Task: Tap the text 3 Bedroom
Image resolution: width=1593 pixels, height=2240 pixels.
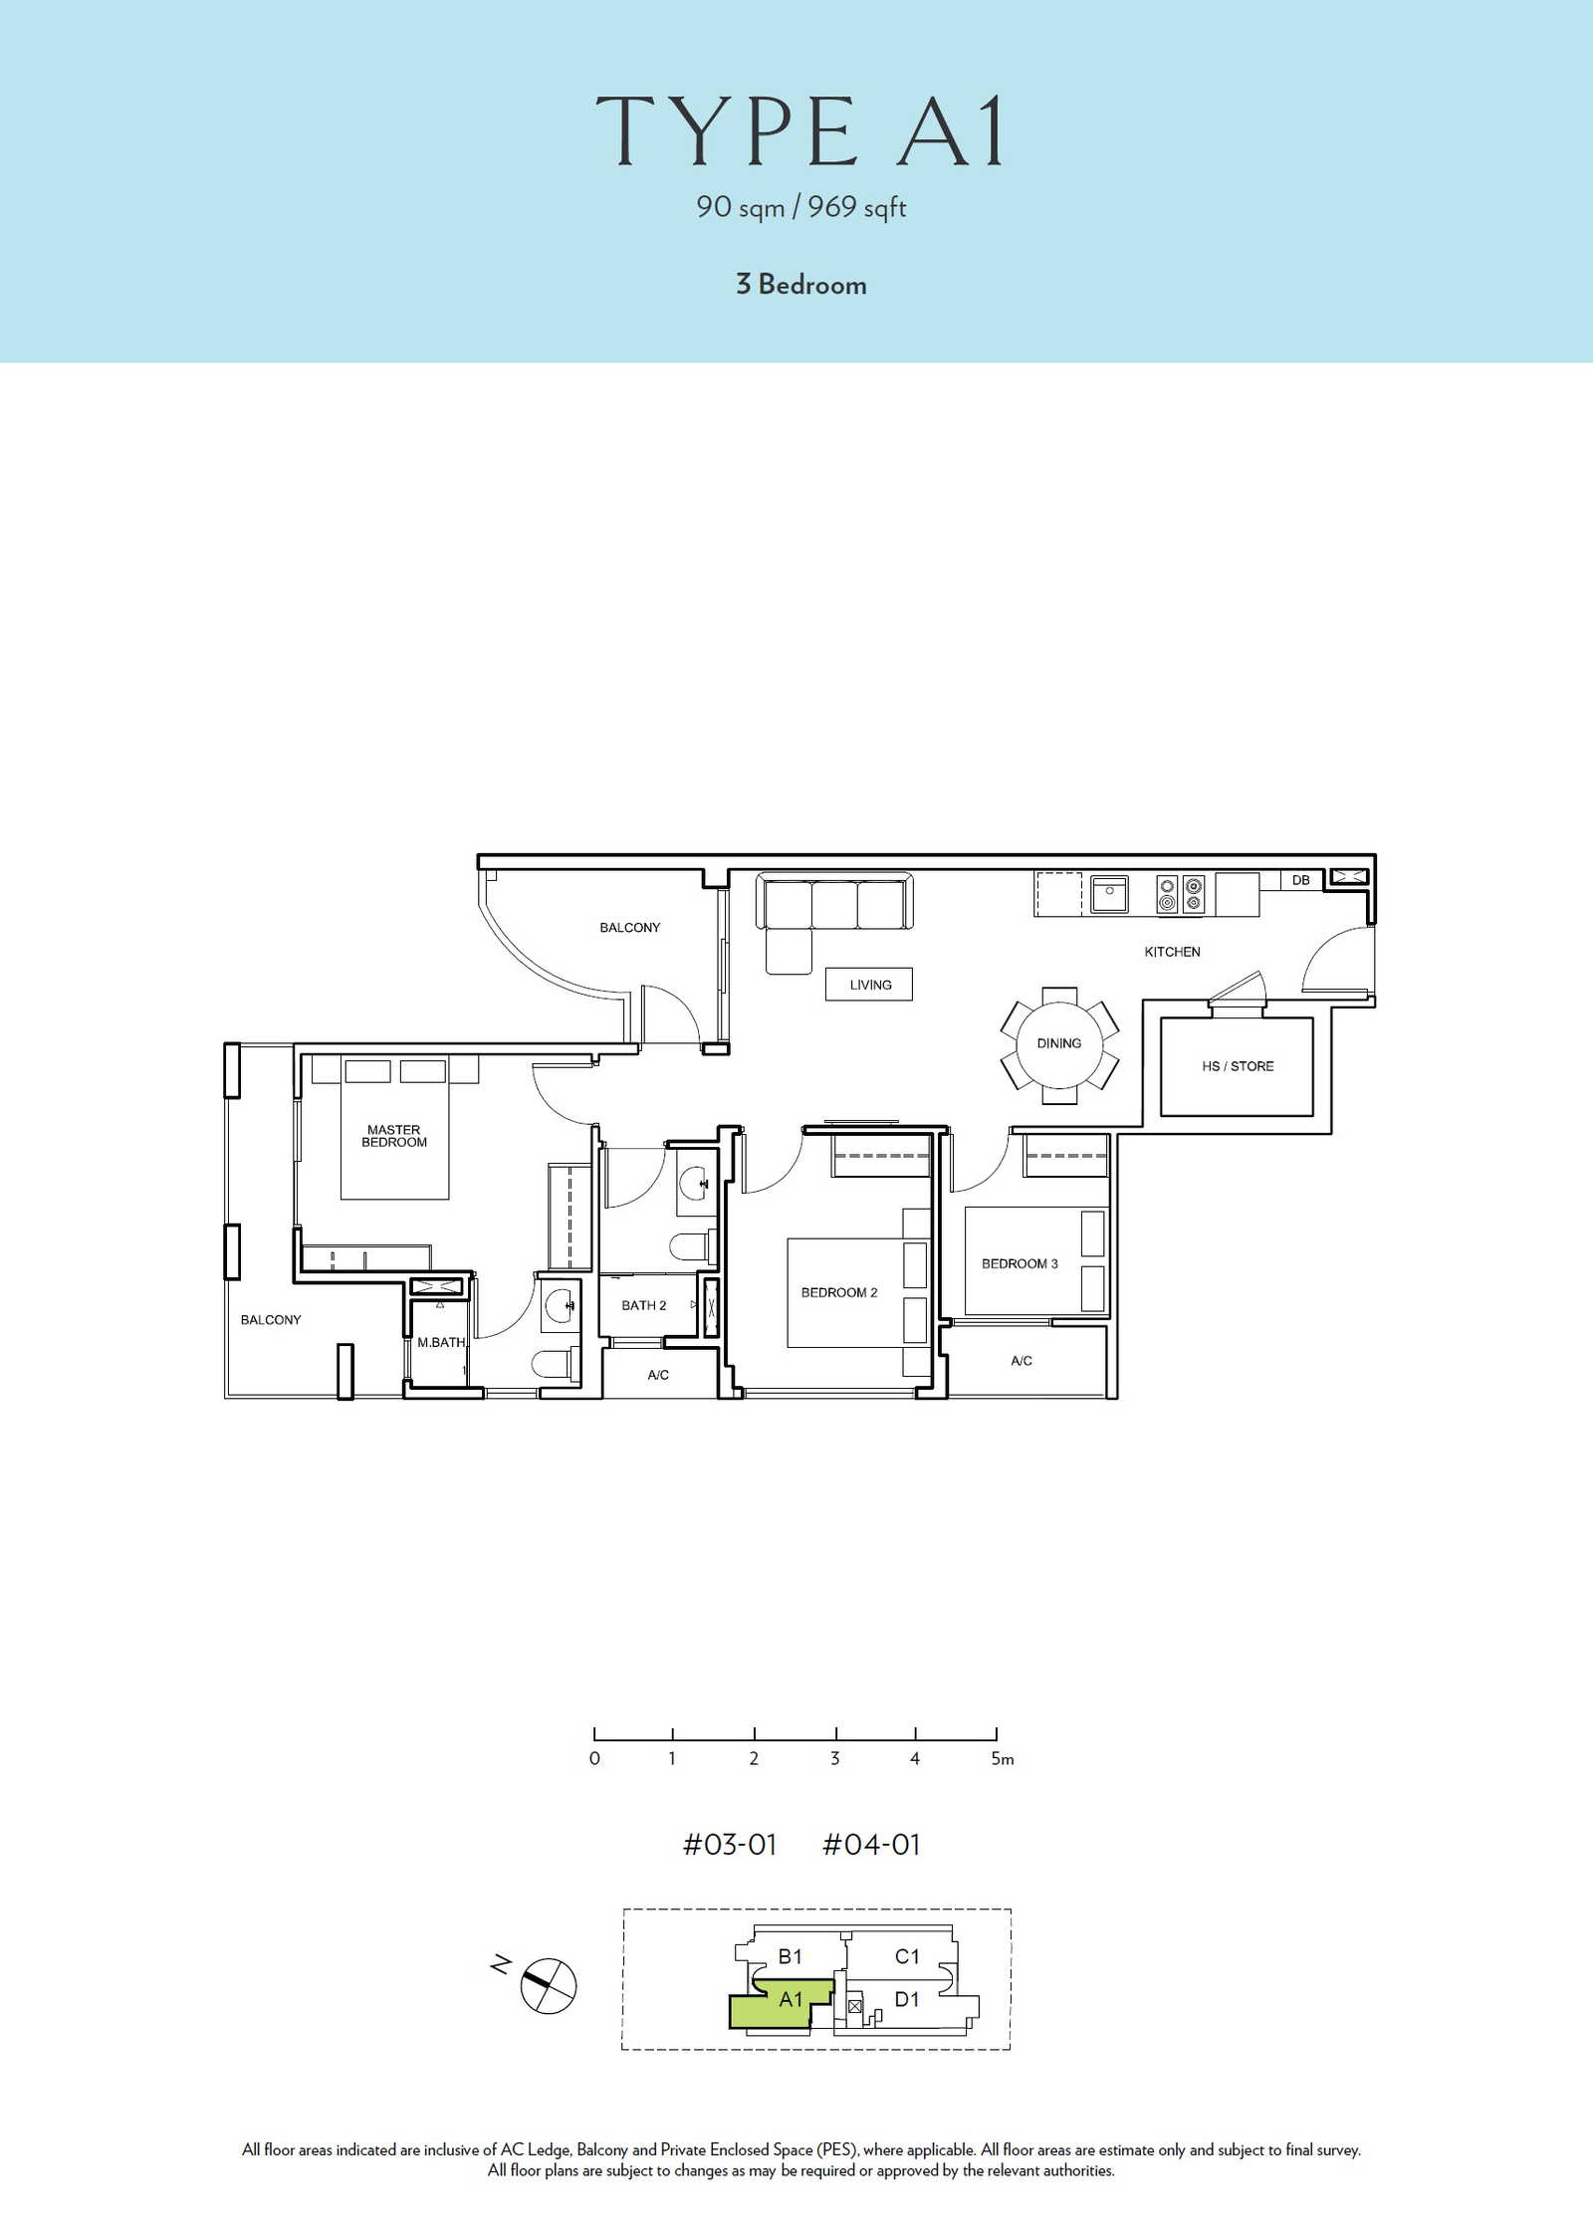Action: pyautogui.click(x=801, y=285)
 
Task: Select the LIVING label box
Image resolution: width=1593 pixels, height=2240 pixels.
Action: pyautogui.click(x=869, y=985)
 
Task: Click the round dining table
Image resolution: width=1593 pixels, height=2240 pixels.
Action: pyautogui.click(x=1059, y=1044)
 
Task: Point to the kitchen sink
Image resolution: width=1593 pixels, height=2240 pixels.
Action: pyautogui.click(x=1109, y=893)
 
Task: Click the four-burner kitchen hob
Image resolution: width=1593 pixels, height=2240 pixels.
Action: pyautogui.click(x=1180, y=894)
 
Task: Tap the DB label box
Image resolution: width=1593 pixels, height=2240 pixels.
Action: pyautogui.click(x=1300, y=880)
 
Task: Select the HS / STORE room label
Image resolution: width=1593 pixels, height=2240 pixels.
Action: pyautogui.click(x=1238, y=1066)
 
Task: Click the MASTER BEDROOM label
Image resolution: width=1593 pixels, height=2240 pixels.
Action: pyautogui.click(x=394, y=1136)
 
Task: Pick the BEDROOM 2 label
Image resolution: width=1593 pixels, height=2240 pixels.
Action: pyautogui.click(x=839, y=1292)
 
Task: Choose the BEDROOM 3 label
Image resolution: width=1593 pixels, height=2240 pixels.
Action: pyautogui.click(x=1020, y=1263)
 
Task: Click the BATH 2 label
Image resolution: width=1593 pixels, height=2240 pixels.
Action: pyautogui.click(x=644, y=1305)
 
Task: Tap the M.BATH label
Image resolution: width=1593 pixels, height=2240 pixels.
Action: pyautogui.click(x=441, y=1342)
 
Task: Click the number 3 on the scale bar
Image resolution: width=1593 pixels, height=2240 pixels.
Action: pyautogui.click(x=834, y=1758)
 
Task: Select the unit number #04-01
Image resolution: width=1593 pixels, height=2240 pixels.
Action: pyautogui.click(x=871, y=1845)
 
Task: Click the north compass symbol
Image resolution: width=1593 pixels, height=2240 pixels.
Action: pyautogui.click(x=549, y=1986)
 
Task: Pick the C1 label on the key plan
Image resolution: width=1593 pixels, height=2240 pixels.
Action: pyautogui.click(x=907, y=1956)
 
